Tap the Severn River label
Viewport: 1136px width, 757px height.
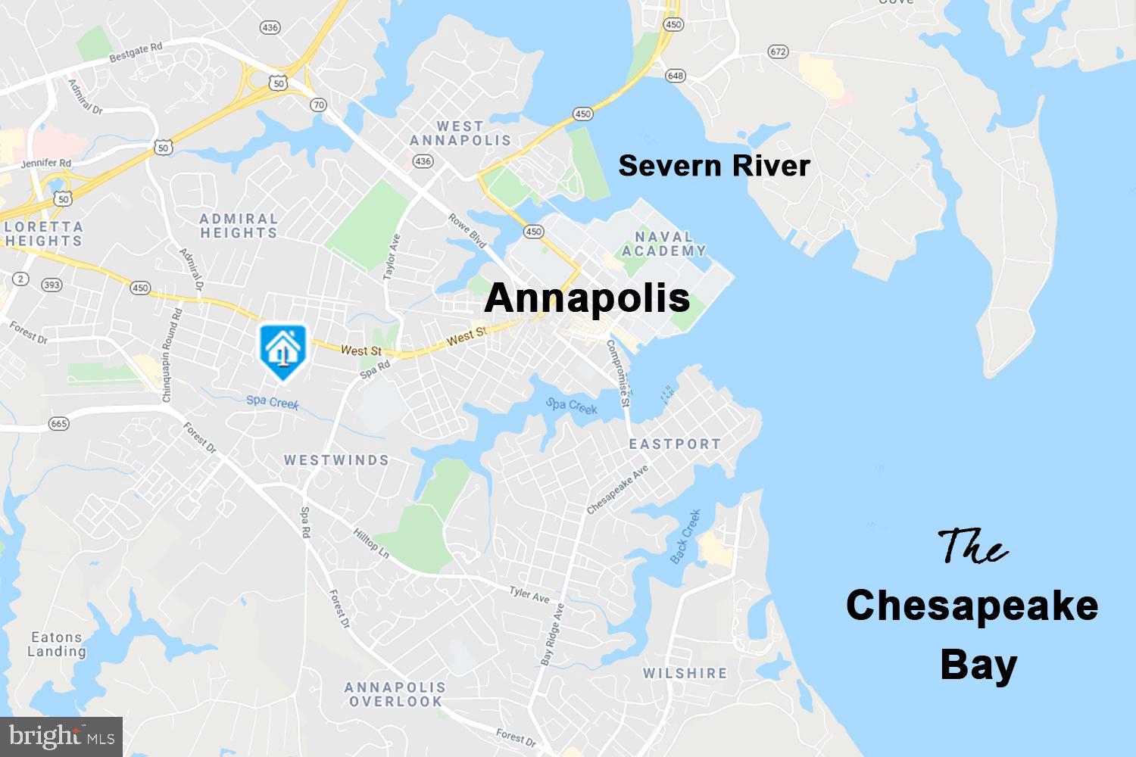tap(714, 166)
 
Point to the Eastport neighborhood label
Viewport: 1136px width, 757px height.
tap(675, 444)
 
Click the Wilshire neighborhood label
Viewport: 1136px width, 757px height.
tap(685, 673)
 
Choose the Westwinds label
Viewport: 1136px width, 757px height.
tap(336, 460)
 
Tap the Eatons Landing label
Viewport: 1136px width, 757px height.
tap(57, 644)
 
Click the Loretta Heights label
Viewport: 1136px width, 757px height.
tap(42, 233)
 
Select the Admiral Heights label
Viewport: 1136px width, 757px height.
tap(239, 226)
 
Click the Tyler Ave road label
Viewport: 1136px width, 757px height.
tap(529, 594)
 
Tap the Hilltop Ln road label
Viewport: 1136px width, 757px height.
tap(371, 543)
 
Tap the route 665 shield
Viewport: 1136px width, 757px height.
tap(59, 423)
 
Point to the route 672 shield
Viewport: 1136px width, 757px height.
tap(777, 51)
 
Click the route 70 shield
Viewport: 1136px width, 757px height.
tap(318, 105)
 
